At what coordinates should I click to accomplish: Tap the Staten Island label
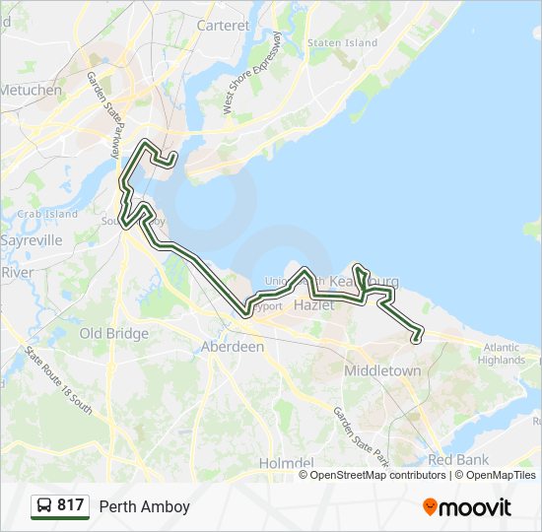(342, 43)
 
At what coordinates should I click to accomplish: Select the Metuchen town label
(30, 90)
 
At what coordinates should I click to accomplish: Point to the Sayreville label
(32, 239)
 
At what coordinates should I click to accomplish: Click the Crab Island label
(46, 214)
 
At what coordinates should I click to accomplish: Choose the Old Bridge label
(113, 333)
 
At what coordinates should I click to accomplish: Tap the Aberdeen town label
(233, 347)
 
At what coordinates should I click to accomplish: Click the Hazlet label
(314, 305)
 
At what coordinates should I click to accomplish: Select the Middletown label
(382, 370)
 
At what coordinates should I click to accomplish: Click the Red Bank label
(459, 460)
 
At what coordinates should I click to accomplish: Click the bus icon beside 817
(43, 506)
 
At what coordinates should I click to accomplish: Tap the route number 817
(70, 506)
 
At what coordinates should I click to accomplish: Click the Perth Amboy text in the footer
(144, 507)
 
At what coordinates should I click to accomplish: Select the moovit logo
(467, 507)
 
